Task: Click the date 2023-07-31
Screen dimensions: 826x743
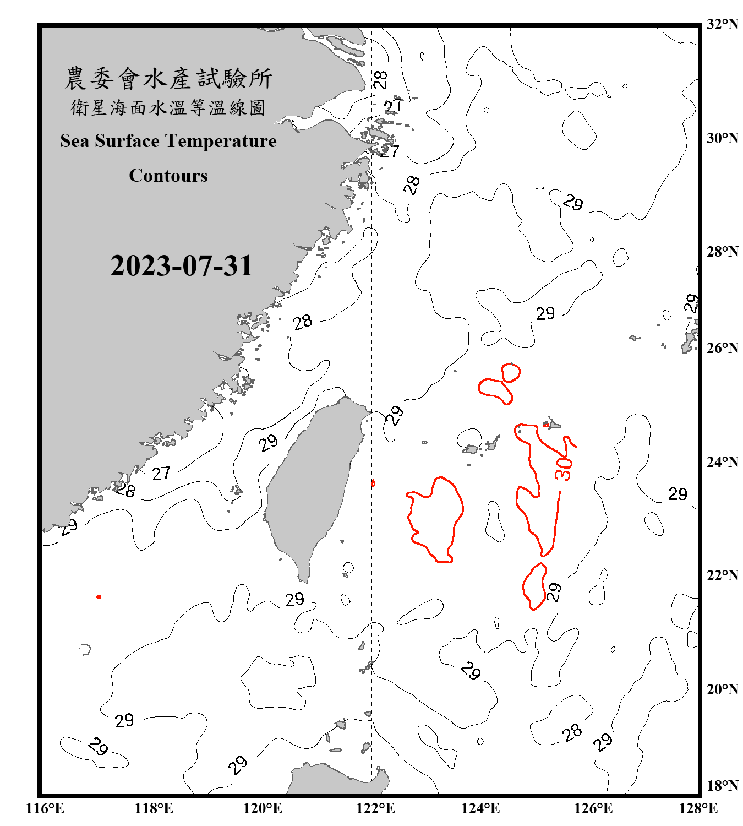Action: tap(181, 266)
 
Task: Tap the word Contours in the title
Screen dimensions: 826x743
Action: tap(168, 176)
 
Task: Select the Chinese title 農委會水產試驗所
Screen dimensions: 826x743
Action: tap(168, 79)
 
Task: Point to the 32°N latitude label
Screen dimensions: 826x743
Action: tap(722, 24)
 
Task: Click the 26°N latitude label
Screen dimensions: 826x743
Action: tap(722, 348)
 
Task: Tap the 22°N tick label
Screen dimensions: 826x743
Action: tap(722, 575)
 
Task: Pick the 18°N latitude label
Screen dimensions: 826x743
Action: tap(722, 786)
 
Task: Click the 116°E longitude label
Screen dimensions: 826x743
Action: tap(45, 808)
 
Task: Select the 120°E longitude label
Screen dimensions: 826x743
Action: tap(263, 808)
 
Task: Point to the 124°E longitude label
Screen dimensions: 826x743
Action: tap(480, 808)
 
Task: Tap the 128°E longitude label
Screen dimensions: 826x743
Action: tap(698, 808)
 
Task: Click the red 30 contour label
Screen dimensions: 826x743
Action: tap(564, 469)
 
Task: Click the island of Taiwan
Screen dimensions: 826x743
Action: tap(311, 485)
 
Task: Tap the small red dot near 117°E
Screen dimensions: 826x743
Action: tap(99, 596)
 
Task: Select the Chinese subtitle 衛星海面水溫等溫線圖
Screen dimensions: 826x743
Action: tap(168, 108)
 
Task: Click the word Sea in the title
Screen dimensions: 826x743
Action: tap(75, 141)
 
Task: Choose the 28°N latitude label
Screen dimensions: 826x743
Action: tap(722, 252)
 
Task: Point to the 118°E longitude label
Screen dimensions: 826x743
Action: tap(154, 808)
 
